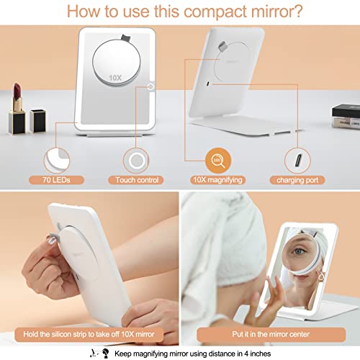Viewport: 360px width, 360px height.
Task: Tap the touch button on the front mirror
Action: (x=152, y=87)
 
